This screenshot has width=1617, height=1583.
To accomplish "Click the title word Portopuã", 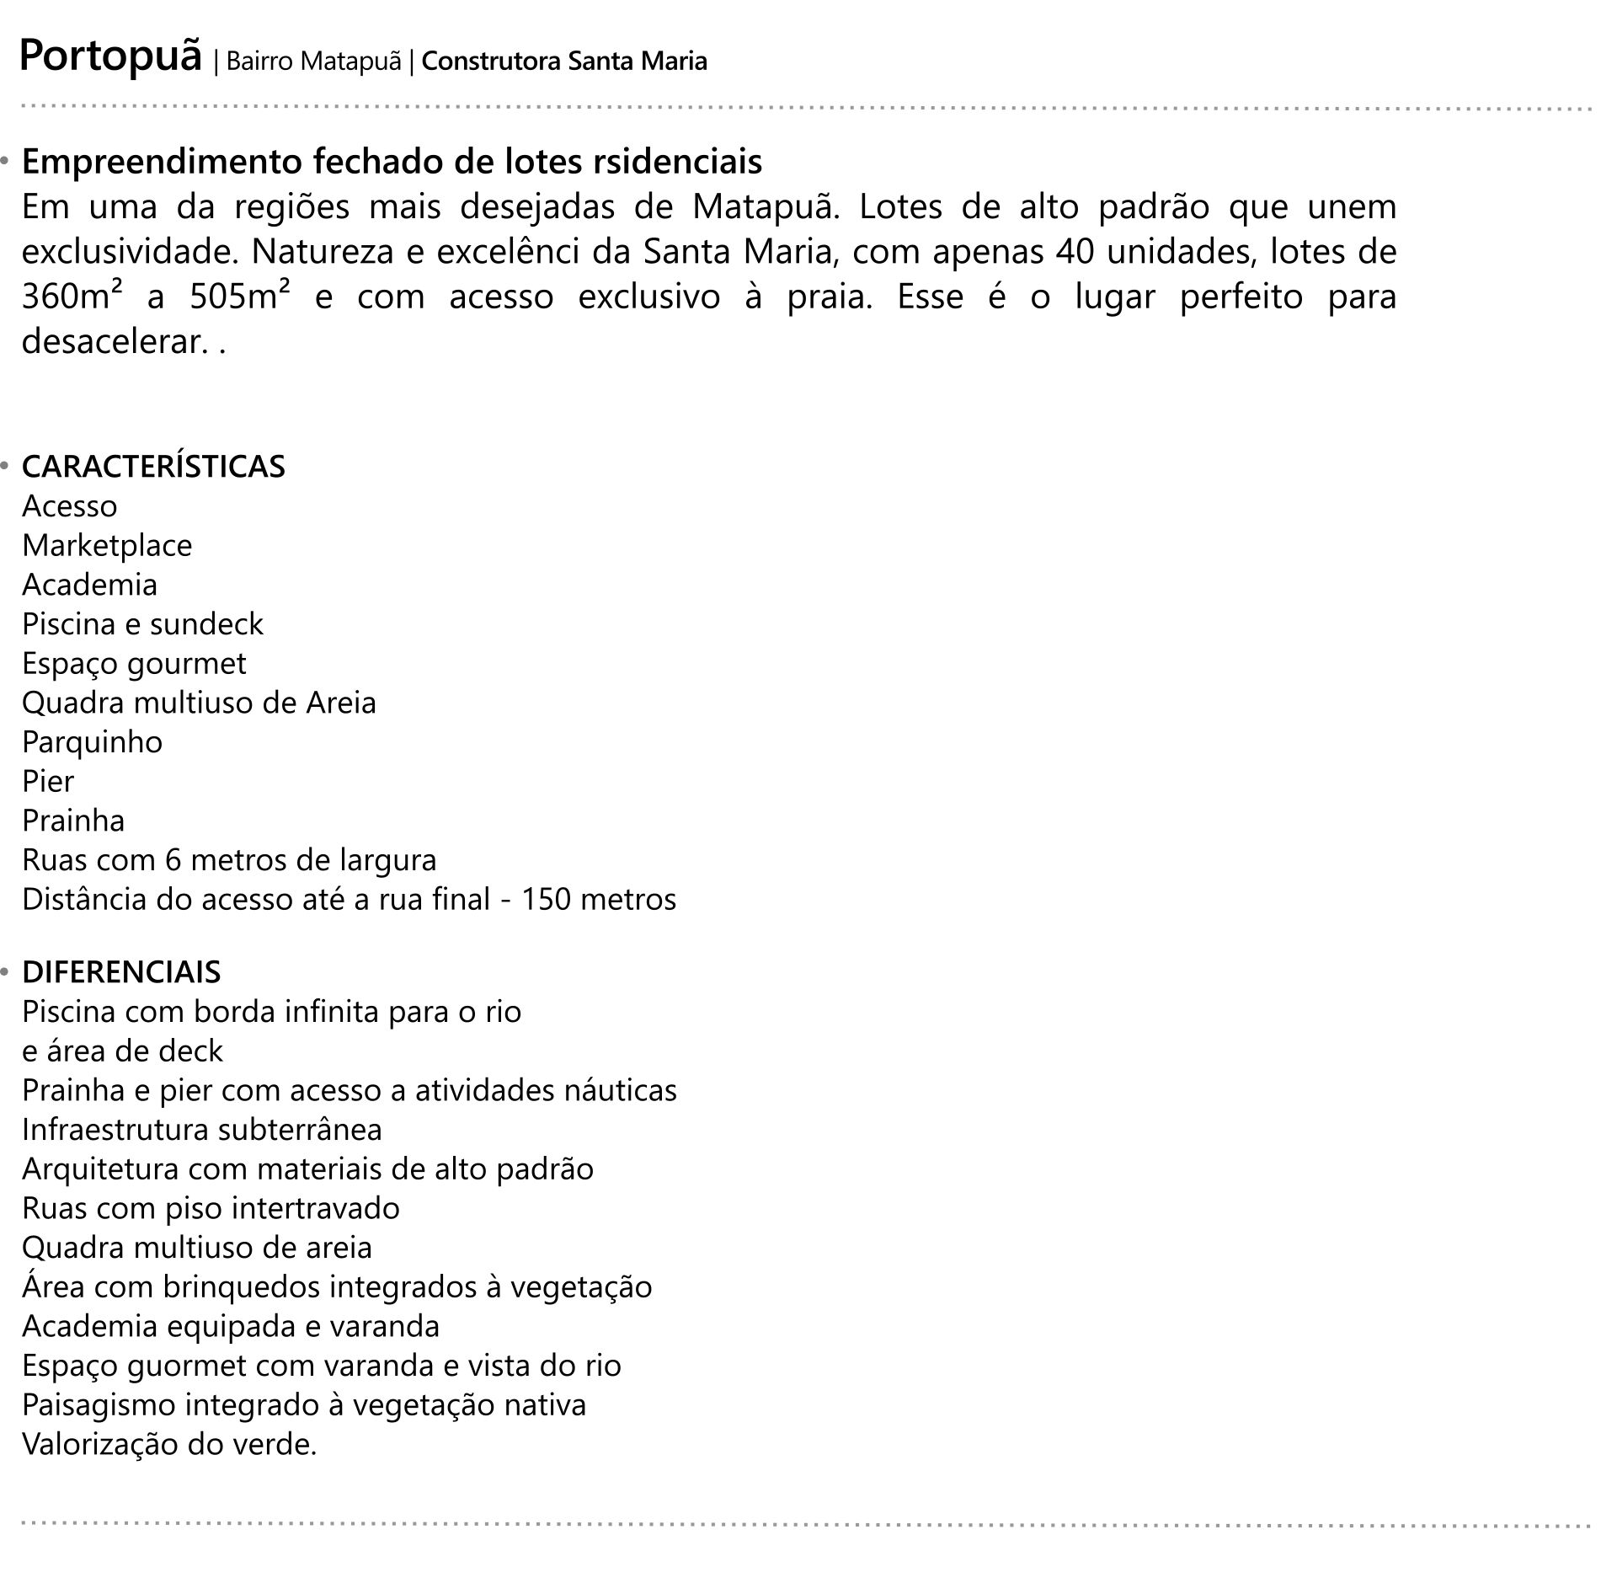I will click(110, 57).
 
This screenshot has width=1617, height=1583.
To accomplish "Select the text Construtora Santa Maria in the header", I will click(563, 62).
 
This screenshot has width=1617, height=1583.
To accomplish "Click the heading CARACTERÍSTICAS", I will click(153, 467).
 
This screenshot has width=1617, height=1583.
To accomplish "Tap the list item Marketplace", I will click(107, 545).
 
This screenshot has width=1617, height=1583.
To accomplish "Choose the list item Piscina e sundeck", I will click(142, 624).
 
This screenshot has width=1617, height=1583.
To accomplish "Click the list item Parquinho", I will click(92, 742).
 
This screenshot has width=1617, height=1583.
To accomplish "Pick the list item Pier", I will click(48, 782).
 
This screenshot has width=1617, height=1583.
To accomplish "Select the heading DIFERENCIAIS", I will click(121, 972).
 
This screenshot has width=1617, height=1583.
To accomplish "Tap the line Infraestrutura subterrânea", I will click(202, 1130).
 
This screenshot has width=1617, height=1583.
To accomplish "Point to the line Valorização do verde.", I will click(169, 1445).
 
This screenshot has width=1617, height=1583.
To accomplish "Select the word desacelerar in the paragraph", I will click(111, 342).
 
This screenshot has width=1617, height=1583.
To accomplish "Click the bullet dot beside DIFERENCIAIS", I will click(5, 972).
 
